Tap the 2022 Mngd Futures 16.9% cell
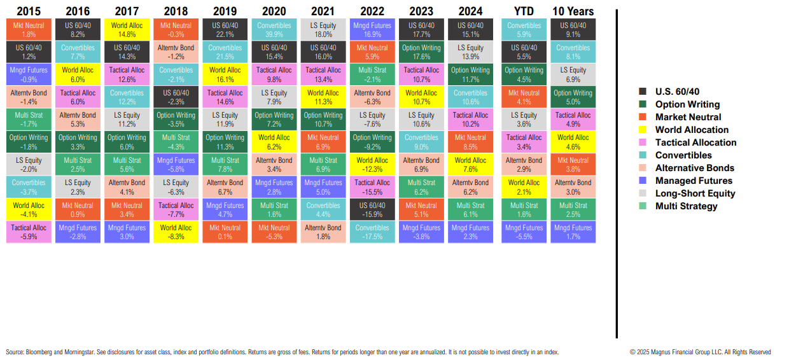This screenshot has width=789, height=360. tap(372, 30)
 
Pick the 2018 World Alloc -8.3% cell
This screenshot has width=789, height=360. tap(176, 232)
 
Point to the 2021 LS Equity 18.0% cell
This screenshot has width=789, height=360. tap(323, 30)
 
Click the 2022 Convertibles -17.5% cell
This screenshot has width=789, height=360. tap(372, 232)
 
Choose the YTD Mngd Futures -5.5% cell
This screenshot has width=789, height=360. tap(524, 232)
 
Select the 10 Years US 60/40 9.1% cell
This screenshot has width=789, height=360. tap(573, 30)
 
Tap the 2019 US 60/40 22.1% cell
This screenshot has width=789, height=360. tap(225, 30)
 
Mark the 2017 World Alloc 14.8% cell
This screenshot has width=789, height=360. tap(127, 30)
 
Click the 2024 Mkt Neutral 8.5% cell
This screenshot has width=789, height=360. tap(471, 142)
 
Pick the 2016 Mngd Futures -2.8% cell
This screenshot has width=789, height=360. tap(77, 232)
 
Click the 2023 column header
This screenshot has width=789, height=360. tap(421, 11)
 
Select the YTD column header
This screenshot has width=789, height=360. tap(524, 11)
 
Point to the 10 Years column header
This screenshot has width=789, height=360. tap(573, 11)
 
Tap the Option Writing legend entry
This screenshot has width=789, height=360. tap(687, 104)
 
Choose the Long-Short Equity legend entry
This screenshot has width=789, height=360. tap(695, 193)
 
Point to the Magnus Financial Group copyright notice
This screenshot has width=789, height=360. tap(700, 352)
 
